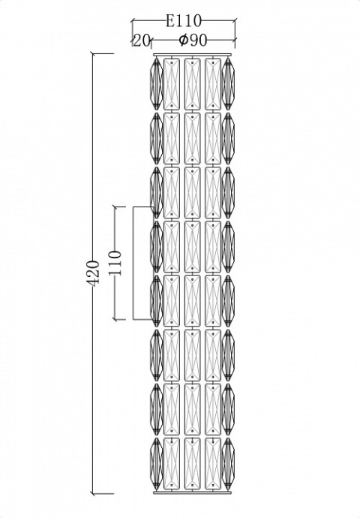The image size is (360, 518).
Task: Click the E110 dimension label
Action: pyautogui.click(x=183, y=21)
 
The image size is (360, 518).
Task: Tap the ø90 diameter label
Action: pyautogui.click(x=193, y=41)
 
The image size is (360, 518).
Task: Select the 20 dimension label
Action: pyautogui.click(x=142, y=41)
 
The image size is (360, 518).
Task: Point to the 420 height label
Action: pyautogui.click(x=92, y=273)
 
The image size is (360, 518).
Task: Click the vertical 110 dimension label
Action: pyautogui.click(x=115, y=263)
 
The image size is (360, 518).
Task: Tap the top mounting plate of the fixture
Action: pyautogui.click(x=192, y=55)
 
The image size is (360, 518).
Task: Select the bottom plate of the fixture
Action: pyautogui.click(x=192, y=492)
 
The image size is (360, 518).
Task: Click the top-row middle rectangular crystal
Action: pyautogui.click(x=192, y=84)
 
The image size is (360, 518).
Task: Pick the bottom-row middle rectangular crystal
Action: pyautogui.click(x=192, y=463)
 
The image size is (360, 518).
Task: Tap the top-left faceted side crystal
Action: pyautogui.click(x=157, y=84)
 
